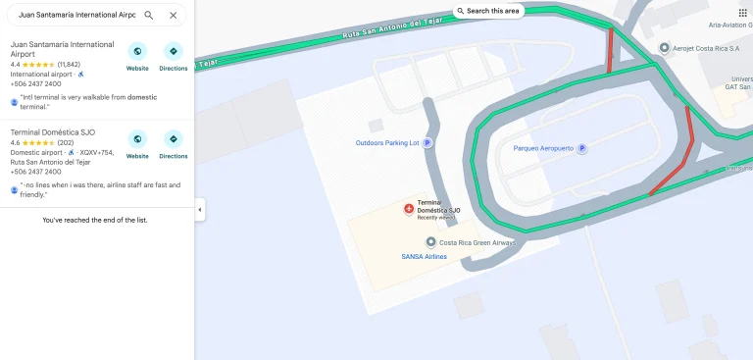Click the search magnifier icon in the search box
coord(149,15)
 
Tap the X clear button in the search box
coord(174,15)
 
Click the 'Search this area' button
coord(489,11)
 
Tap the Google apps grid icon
coord(743,13)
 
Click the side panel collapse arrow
coord(200,210)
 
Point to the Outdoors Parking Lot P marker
coord(427,143)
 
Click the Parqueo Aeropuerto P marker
coord(581,149)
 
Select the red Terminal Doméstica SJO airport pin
coord(409,207)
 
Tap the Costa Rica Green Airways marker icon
coord(430,242)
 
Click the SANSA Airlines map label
coord(424,257)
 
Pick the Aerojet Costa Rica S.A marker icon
coord(664,48)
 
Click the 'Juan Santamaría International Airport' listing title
coord(62,50)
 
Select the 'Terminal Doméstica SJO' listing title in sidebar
coord(52,131)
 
